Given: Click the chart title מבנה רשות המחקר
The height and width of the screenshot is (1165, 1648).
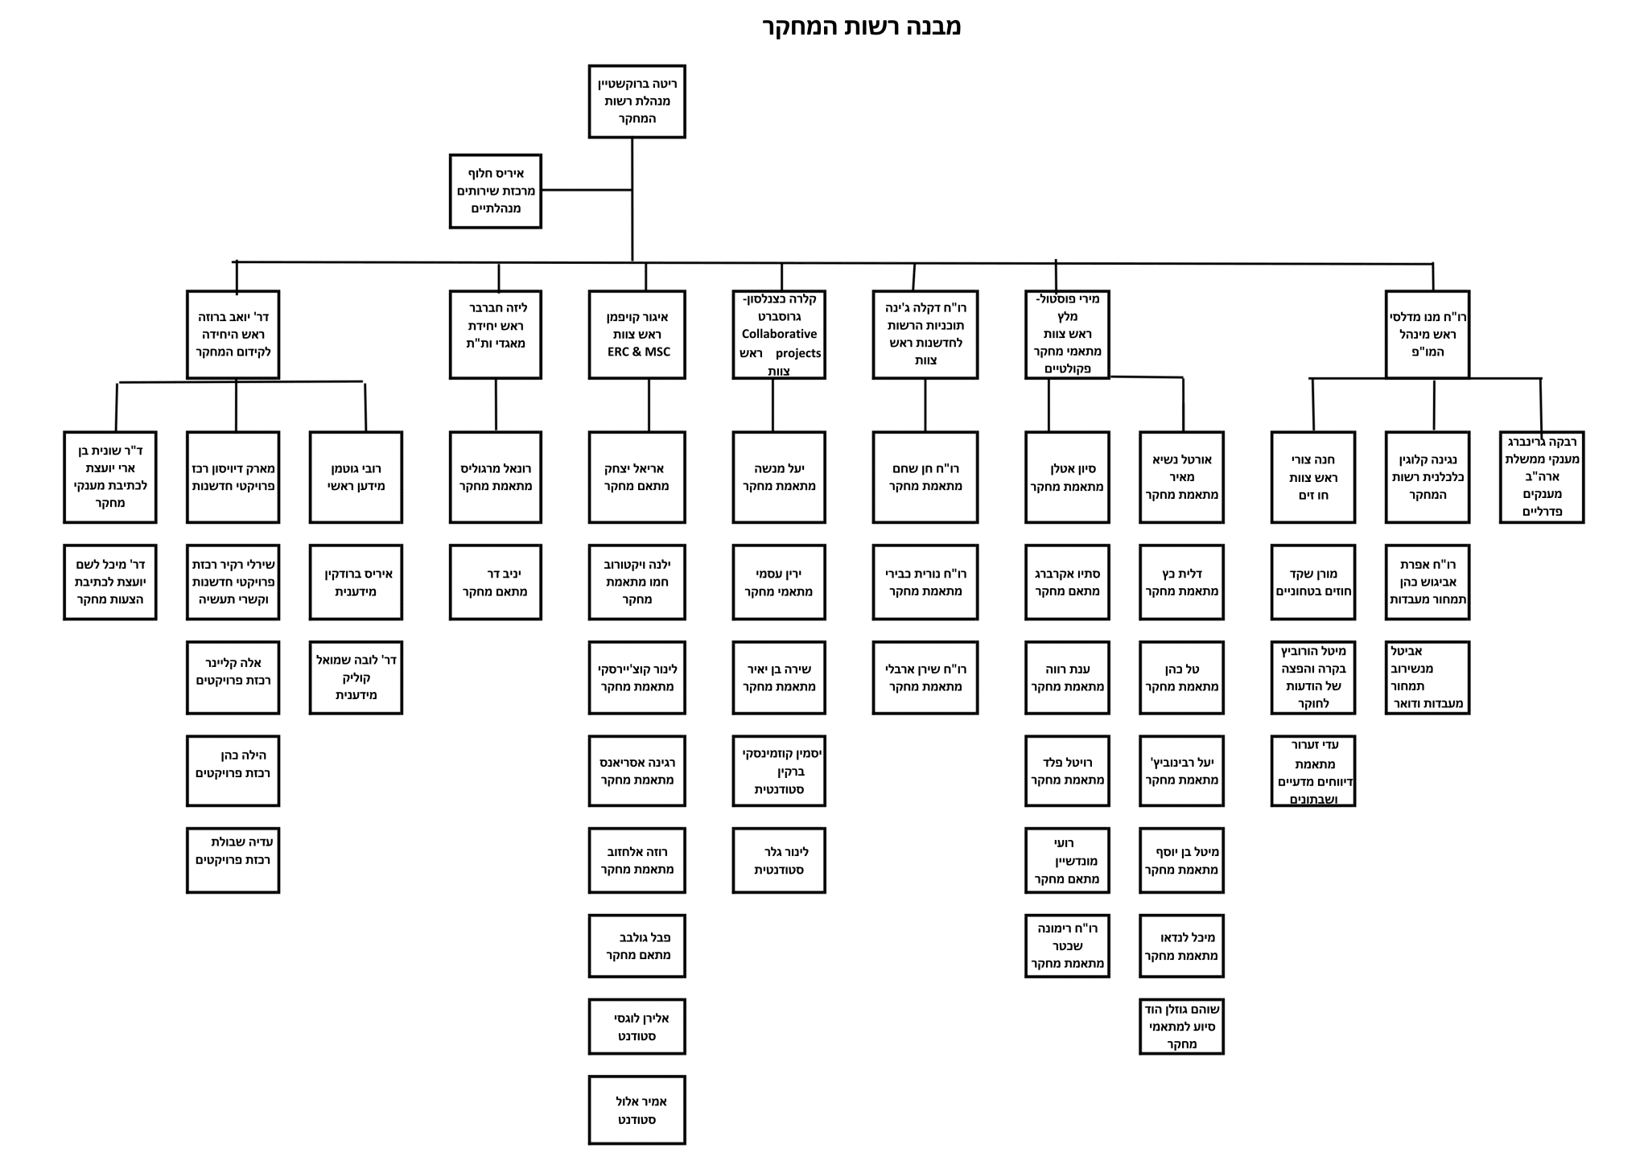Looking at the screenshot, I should click(x=861, y=27).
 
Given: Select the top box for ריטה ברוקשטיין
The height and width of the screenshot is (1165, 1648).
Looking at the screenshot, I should click(x=637, y=101).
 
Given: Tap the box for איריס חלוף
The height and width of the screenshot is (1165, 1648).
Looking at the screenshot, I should click(x=495, y=191).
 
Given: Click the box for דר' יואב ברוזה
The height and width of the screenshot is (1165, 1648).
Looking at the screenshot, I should click(x=233, y=335).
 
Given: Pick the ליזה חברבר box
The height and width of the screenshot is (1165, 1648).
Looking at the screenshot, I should click(x=495, y=335).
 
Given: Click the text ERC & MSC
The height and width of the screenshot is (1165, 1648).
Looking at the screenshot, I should click(x=638, y=352).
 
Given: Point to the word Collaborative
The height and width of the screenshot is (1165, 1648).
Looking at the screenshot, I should click(x=779, y=334).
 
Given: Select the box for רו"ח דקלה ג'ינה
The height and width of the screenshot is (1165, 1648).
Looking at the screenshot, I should click(x=925, y=335).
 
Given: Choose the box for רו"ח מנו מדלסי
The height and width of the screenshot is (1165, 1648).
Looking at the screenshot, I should click(x=1428, y=335).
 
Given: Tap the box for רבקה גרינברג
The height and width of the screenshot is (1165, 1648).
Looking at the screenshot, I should click(x=1542, y=477).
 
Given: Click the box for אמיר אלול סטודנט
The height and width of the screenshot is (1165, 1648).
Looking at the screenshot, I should click(x=637, y=1110).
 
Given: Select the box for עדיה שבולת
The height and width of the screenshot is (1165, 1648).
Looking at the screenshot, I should click(x=233, y=860).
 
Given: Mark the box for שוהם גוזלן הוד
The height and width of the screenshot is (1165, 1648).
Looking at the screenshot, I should click(x=1181, y=1027).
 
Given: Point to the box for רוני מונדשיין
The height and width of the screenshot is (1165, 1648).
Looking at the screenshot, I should click(x=1067, y=860).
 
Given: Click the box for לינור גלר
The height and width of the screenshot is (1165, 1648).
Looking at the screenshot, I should click(x=779, y=860).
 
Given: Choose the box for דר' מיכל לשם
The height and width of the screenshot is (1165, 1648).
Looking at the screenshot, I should click(x=110, y=582).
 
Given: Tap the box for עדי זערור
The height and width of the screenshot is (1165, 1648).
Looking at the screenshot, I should click(x=1313, y=771).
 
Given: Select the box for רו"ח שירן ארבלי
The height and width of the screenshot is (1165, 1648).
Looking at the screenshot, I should click(x=925, y=677).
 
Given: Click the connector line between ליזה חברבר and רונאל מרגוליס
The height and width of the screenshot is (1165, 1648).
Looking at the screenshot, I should click(x=496, y=405).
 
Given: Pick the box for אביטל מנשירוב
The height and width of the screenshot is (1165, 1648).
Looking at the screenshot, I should click(x=1428, y=677).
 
